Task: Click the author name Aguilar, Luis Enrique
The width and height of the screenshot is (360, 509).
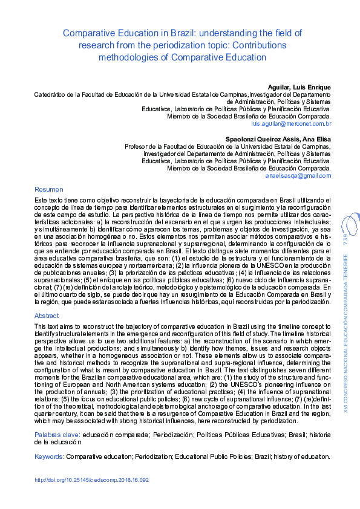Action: (299, 87)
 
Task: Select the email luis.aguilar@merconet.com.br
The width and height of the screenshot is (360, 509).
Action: (291, 124)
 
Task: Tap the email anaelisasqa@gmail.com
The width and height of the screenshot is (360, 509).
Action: (298, 176)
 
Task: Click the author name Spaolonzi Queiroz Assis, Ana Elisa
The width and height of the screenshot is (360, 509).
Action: (282, 139)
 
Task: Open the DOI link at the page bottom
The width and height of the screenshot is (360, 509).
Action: (91, 481)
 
